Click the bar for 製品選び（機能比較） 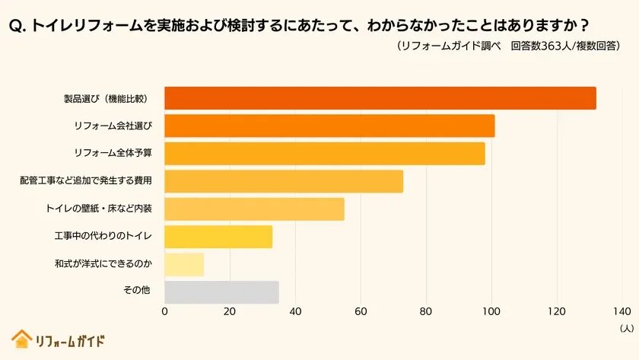tap(380, 99)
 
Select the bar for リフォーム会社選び tap(329, 126)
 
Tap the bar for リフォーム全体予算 tap(325, 154)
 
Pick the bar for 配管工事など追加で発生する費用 tap(284, 181)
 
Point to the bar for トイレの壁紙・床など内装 tap(255, 209)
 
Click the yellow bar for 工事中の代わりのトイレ tap(218, 237)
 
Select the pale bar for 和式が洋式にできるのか tap(184, 264)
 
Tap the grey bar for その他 tap(221, 292)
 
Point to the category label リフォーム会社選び tap(113, 126)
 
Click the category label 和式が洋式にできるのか tap(103, 264)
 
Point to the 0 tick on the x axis tap(165, 311)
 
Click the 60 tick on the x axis tap(361, 311)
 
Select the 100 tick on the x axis tap(491, 311)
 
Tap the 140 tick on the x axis tap(622, 311)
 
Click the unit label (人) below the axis tap(625, 328)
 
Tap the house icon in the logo tap(21, 339)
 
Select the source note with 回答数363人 tap(509, 46)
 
